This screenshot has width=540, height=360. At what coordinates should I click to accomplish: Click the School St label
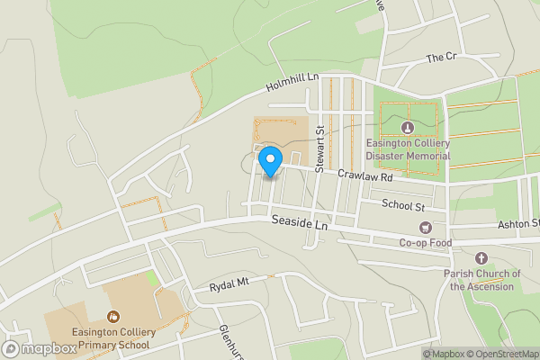[x=402, y=204]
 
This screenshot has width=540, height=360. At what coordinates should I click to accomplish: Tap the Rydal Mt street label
[x=229, y=283]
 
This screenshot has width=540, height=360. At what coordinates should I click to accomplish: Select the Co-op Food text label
[x=426, y=243]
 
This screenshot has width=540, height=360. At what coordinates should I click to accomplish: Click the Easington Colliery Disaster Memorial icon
[x=408, y=127]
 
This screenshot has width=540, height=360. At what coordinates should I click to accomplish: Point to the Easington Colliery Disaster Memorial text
[x=407, y=148]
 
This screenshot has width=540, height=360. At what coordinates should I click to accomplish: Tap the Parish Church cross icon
[x=481, y=257]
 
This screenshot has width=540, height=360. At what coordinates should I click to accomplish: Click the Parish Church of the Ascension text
[x=482, y=280]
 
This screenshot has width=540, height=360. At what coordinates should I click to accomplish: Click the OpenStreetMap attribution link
[x=500, y=354]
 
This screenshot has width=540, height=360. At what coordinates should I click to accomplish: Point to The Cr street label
[x=442, y=58]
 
